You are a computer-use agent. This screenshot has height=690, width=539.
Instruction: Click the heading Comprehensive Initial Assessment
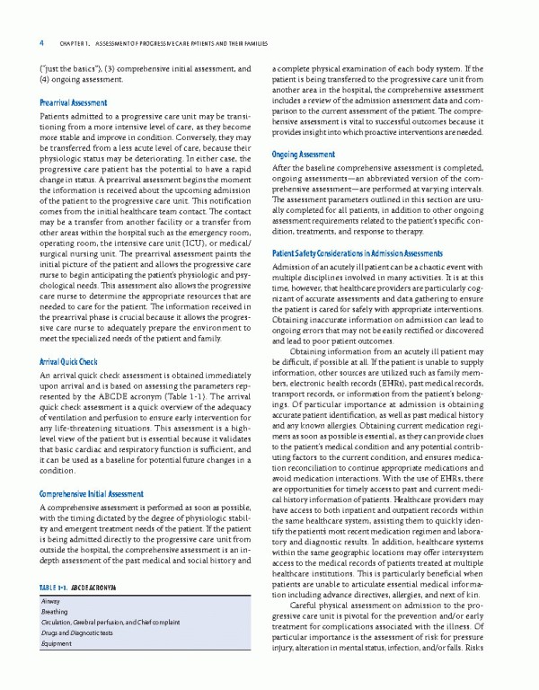pyautogui.click(x=92, y=494)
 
